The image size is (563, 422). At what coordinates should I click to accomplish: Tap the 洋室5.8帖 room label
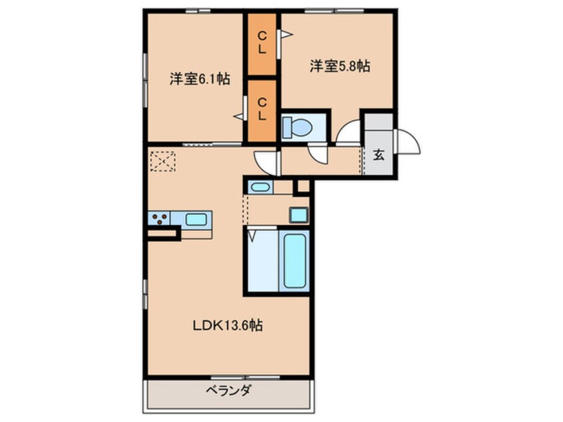click(x=339, y=66)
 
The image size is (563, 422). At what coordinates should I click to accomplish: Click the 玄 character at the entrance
click(x=379, y=156)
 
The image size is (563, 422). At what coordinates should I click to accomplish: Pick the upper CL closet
click(x=262, y=42)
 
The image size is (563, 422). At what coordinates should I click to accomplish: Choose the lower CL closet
click(x=262, y=108)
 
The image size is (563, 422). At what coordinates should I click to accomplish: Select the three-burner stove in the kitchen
click(x=160, y=218)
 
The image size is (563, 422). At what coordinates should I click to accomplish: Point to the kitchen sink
click(x=196, y=218)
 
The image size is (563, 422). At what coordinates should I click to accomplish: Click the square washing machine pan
click(x=297, y=215)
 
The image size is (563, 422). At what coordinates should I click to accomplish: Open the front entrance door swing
click(x=408, y=142)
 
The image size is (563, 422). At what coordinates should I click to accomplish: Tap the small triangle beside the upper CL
click(x=285, y=34)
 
